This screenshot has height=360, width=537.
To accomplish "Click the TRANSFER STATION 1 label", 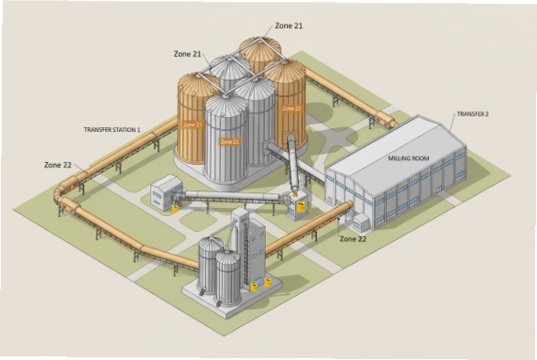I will (x=112, y=130).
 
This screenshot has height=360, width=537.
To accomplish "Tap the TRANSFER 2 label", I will (x=473, y=114).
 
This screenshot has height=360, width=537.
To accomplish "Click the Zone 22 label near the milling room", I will (x=354, y=238).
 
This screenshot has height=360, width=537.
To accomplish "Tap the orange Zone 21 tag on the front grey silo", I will (x=230, y=142).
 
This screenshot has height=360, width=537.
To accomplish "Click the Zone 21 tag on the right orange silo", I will (x=291, y=108).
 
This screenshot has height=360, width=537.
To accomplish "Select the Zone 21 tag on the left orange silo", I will (x=192, y=124).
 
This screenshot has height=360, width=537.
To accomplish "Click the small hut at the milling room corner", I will (x=361, y=221).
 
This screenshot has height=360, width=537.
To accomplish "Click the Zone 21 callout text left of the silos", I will (x=187, y=54).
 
